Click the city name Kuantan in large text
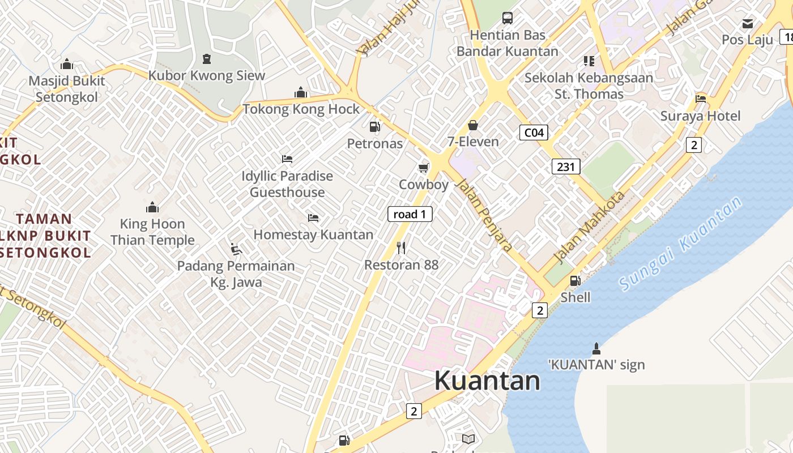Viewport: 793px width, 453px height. pyautogui.click(x=487, y=381)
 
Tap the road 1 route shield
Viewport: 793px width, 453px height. pyautogui.click(x=410, y=214)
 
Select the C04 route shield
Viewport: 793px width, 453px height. pyautogui.click(x=534, y=133)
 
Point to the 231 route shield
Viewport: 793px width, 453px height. pyautogui.click(x=566, y=166)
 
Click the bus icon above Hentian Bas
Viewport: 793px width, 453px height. pyautogui.click(x=508, y=18)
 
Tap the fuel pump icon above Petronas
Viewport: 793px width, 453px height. pyautogui.click(x=374, y=127)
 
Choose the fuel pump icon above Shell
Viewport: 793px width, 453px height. pyautogui.click(x=575, y=280)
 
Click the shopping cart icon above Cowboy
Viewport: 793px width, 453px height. pyautogui.click(x=423, y=168)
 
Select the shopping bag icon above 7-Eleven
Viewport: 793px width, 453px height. pyautogui.click(x=472, y=125)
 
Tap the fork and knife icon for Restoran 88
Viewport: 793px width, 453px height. pyautogui.click(x=401, y=248)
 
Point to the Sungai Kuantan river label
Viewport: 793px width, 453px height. pyautogui.click(x=680, y=243)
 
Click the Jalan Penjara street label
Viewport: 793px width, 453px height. pyautogui.click(x=485, y=215)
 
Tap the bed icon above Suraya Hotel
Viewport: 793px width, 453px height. pyautogui.click(x=701, y=99)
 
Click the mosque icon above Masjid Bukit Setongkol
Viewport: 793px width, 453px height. pyautogui.click(x=67, y=64)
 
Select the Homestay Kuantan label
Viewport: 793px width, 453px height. pyautogui.click(x=313, y=234)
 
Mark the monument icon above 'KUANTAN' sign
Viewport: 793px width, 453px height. pyautogui.click(x=596, y=348)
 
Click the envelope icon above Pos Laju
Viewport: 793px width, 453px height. pyautogui.click(x=748, y=24)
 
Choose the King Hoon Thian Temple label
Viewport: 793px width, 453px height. pyautogui.click(x=152, y=232)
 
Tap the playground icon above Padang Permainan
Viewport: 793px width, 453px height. pyautogui.click(x=236, y=249)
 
